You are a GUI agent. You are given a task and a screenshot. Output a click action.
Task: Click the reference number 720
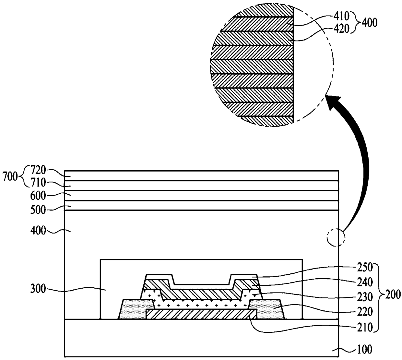tap(38, 170)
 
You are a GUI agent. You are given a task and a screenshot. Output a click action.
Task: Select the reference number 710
tap(38, 183)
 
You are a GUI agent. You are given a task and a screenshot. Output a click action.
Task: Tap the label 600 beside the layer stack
tap(38, 196)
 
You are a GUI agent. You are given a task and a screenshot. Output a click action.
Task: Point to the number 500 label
tap(38, 210)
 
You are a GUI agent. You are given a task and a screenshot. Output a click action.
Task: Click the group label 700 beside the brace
tap(10, 176)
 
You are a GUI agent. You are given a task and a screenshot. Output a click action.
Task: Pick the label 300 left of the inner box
tap(38, 289)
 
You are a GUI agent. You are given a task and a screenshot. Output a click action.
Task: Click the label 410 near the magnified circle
tap(341, 16)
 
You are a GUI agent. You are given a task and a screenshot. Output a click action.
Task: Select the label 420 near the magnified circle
tap(341, 29)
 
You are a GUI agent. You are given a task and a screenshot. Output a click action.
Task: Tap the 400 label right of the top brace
tap(369, 23)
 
